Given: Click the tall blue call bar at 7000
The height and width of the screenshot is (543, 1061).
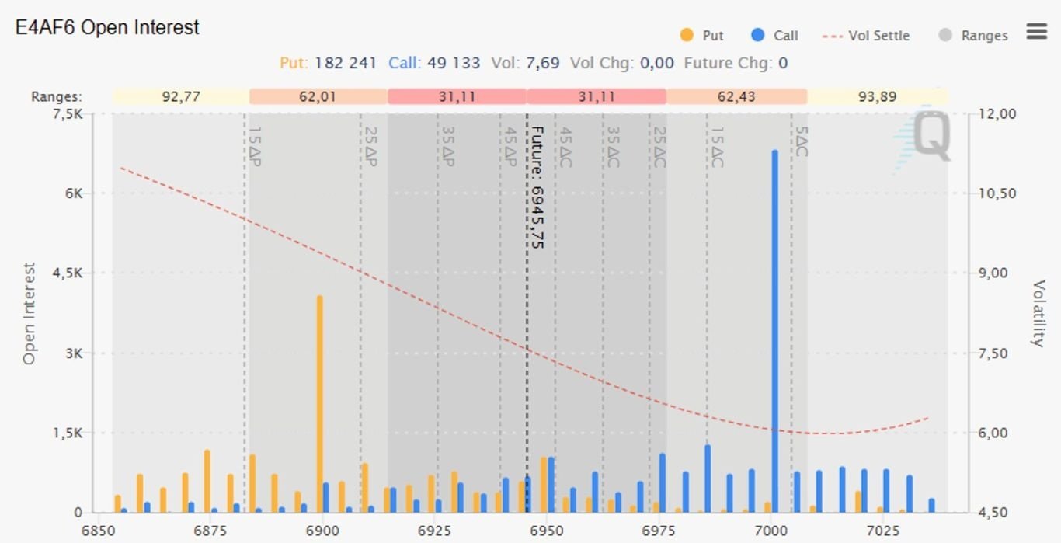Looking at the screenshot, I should (x=774, y=334).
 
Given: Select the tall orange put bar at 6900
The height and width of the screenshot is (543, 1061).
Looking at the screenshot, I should (x=319, y=404).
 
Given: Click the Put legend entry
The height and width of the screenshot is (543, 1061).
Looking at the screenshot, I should (x=703, y=36).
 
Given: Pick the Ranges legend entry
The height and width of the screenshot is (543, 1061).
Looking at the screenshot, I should (x=974, y=36).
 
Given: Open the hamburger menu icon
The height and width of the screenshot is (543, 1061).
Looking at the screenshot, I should (x=1036, y=31).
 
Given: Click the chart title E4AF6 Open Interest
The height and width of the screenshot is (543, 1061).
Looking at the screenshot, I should (x=107, y=28).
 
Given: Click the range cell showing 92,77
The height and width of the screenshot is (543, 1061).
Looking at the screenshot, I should (x=181, y=97).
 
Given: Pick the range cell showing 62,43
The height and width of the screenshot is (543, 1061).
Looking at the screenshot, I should (x=736, y=97).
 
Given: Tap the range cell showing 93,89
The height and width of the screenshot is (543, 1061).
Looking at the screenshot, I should (x=877, y=97).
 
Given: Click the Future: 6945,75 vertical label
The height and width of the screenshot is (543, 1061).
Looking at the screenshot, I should (x=537, y=186).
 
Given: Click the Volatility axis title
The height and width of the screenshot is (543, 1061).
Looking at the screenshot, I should (x=1038, y=313).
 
